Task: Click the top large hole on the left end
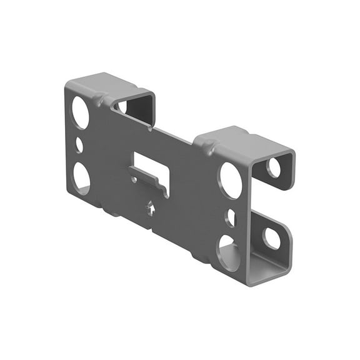click(80, 112)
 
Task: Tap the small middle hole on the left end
click(79, 145)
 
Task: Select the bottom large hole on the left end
click(81, 177)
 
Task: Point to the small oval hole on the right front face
click(231, 217)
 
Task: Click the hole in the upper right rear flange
click(274, 167)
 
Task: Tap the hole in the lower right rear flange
click(272, 237)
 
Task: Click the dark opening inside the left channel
click(139, 110)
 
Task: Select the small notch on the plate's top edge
click(151, 129)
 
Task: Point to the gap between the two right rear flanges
click(275, 203)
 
